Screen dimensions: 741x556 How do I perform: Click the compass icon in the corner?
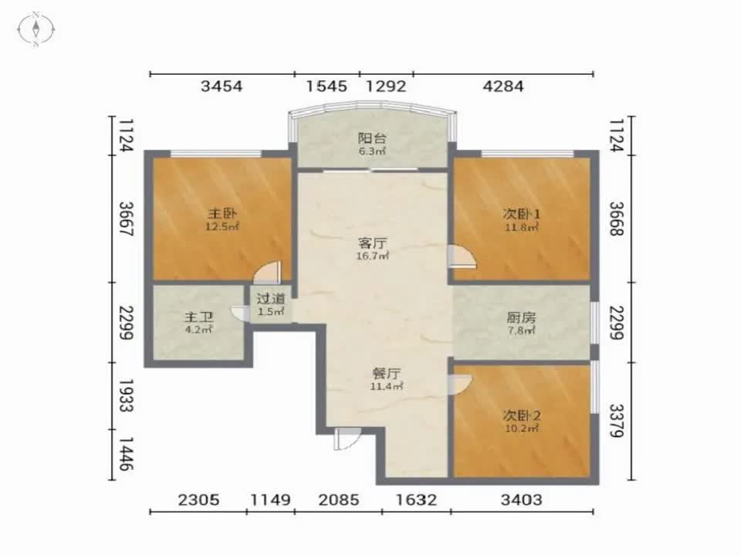tap(36, 29)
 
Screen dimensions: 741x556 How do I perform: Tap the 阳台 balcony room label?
tap(372, 138)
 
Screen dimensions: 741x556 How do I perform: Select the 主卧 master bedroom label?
tap(222, 214)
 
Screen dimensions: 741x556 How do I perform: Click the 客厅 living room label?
tap(372, 243)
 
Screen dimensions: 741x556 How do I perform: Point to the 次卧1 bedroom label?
tap(521, 214)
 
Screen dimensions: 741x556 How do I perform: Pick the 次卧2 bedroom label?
tap(521, 415)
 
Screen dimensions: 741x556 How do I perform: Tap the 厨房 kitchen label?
tap(521, 317)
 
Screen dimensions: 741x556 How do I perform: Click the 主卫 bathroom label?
tap(198, 317)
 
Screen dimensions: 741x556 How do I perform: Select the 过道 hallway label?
tap(271, 299)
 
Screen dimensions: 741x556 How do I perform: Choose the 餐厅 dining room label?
tap(386, 374)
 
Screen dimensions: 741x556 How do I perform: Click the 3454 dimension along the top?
tap(222, 86)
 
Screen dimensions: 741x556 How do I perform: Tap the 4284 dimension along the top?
tap(503, 86)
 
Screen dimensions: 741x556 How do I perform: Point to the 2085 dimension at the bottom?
tap(338, 500)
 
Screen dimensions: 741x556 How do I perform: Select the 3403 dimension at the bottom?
tap(521, 500)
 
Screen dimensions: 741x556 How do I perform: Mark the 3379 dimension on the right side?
tap(616, 420)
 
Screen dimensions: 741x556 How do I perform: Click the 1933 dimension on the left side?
tap(126, 395)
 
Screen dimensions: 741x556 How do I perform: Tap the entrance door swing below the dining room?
tap(347, 439)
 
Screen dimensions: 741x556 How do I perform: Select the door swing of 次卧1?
tap(462, 256)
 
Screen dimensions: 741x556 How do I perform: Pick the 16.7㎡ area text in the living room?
tap(373, 256)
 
